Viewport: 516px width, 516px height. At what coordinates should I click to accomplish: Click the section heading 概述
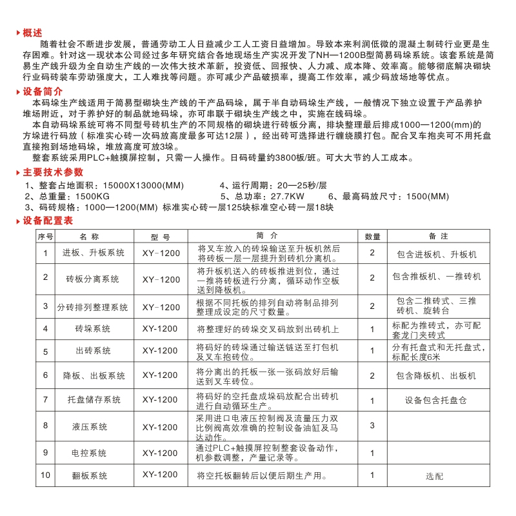click(x=32, y=33)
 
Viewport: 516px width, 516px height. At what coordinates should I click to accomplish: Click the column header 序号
click(x=45, y=237)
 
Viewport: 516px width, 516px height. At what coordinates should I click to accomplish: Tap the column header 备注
click(x=438, y=237)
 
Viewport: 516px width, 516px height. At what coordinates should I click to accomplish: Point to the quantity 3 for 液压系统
click(x=372, y=426)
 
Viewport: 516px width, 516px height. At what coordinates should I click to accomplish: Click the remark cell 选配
click(x=435, y=477)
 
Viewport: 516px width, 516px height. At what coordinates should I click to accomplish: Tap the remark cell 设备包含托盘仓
click(x=437, y=401)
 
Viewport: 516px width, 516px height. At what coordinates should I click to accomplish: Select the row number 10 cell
click(x=45, y=475)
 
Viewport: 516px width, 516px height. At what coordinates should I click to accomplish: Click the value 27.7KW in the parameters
click(x=287, y=196)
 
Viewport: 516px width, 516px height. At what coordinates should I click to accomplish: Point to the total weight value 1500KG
click(x=93, y=196)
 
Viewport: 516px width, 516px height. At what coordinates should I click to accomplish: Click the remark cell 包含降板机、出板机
click(x=436, y=375)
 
